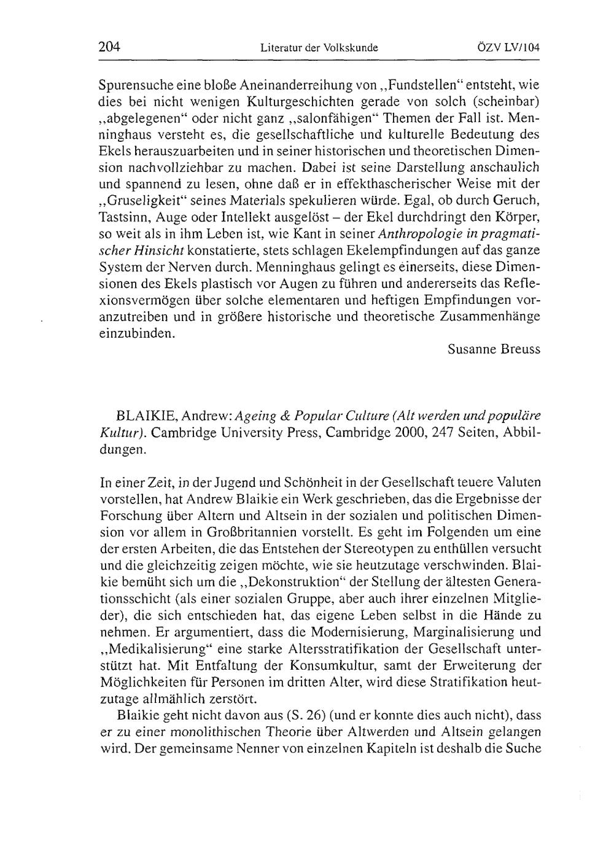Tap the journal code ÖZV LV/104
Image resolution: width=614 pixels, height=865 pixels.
pos(508,47)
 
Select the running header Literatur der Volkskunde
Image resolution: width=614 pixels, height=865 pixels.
pos(319,47)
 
